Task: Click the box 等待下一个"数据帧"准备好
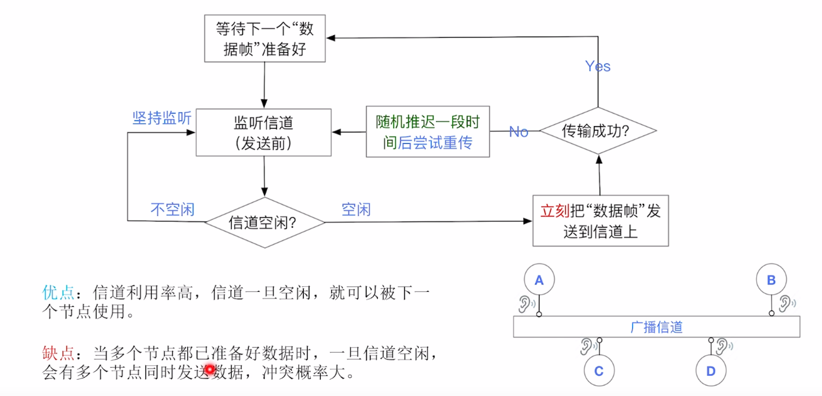(x=265, y=39)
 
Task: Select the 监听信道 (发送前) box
(x=264, y=132)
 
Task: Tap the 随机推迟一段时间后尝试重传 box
(x=427, y=132)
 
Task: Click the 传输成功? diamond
(x=598, y=131)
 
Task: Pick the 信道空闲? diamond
(x=266, y=222)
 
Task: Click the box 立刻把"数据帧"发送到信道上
(x=600, y=220)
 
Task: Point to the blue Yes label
(x=598, y=67)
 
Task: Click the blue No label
(x=518, y=132)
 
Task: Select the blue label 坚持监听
(x=162, y=118)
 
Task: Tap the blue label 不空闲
(x=172, y=210)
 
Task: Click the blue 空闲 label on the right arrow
(x=356, y=210)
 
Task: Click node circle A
(x=539, y=280)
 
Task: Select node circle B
(x=771, y=280)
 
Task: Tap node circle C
(x=599, y=370)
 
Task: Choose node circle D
(x=710, y=370)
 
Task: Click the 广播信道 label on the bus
(x=656, y=327)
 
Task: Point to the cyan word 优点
(x=58, y=292)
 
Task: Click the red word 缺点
(x=58, y=353)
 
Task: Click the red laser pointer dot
(x=209, y=370)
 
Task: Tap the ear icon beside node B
(x=786, y=304)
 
